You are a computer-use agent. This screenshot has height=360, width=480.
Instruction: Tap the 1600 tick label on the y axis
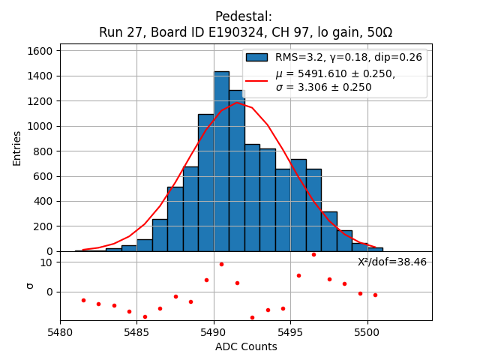click(x=40, y=51)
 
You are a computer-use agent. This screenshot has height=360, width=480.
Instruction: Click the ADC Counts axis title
click(x=246, y=346)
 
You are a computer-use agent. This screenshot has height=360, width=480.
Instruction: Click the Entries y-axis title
click(x=17, y=148)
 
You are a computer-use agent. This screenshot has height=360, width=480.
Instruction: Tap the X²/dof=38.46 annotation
click(x=391, y=262)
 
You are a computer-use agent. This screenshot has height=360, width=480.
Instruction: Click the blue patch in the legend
click(x=257, y=58)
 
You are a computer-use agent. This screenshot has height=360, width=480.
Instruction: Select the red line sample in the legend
click(x=257, y=80)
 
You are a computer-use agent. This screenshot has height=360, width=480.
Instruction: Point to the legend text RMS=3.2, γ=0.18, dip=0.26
click(x=348, y=58)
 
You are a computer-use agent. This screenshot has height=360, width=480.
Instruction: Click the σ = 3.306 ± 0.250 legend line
click(x=323, y=87)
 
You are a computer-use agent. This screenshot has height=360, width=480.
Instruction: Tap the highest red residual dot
click(x=313, y=254)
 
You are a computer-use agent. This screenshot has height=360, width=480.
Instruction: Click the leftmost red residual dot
click(x=83, y=300)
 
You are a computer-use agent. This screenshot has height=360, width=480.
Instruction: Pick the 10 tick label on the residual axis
click(x=46, y=262)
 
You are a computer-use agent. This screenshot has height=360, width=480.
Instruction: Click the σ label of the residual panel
click(x=30, y=285)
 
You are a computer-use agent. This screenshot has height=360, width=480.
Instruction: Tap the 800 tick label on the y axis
click(x=43, y=151)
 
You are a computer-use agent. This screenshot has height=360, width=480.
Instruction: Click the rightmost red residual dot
click(x=375, y=295)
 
